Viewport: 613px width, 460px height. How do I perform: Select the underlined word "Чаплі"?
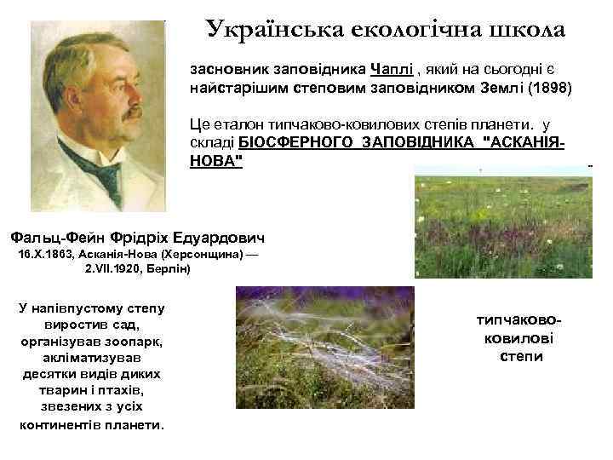pyautogui.click(x=390, y=69)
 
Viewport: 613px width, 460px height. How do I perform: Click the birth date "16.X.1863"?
pyautogui.click(x=43, y=254)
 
